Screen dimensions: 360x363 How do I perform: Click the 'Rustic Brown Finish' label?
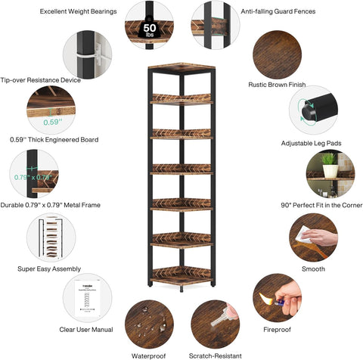click(x=281, y=84)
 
